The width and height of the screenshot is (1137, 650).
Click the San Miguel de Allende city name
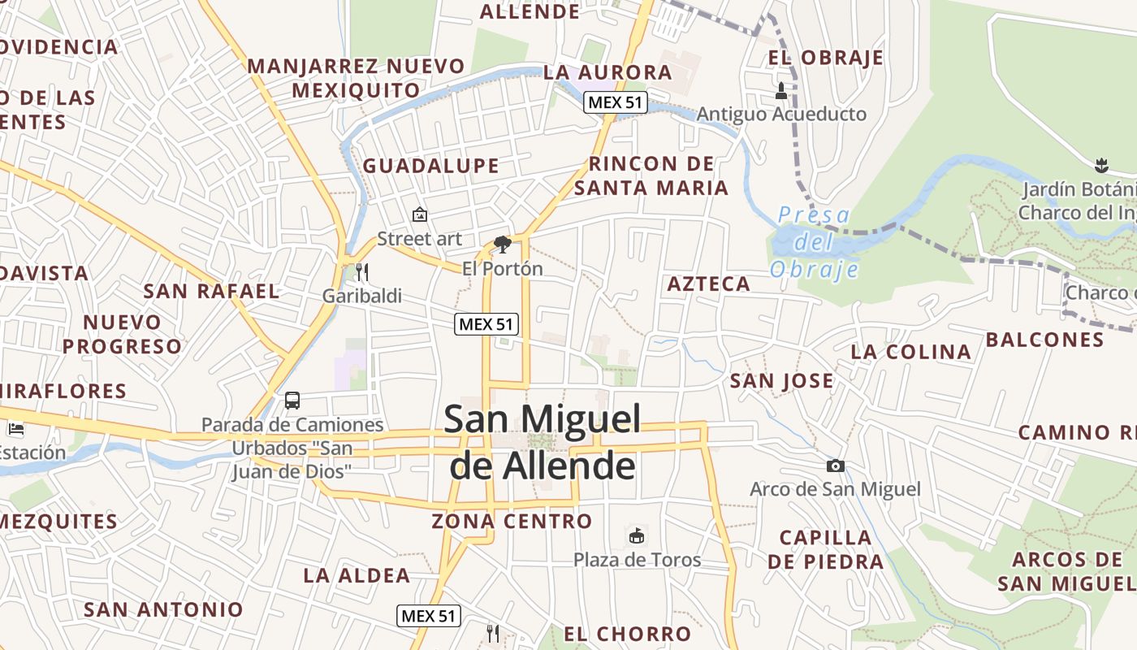pos(543,443)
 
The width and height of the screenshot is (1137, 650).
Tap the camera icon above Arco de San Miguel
pos(835,466)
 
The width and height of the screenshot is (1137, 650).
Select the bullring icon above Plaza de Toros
pos(638,535)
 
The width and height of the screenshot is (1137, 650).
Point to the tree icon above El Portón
pos(503,244)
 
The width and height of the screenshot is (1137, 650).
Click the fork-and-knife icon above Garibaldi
pos(362,271)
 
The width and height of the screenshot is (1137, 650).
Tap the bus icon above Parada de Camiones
pos(292,401)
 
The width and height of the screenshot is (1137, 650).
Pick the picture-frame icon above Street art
pos(420,214)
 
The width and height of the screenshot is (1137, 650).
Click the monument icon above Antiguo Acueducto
pos(781,90)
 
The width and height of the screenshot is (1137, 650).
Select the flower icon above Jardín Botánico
pos(1100,166)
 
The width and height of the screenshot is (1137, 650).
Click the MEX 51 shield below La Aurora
pos(615,102)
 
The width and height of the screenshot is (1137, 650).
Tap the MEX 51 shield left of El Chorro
pos(429,616)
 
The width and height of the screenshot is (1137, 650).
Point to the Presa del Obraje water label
pos(814,242)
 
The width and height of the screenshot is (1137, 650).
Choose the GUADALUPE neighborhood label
pos(430,166)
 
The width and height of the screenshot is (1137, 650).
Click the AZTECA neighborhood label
pos(708,284)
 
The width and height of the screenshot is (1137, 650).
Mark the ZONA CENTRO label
pos(512,521)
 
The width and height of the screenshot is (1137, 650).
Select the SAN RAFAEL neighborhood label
pos(211,291)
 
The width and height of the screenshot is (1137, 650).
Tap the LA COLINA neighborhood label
pos(910,352)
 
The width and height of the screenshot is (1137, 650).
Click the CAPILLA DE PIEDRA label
pos(825,549)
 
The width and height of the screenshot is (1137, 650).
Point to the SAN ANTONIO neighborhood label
pos(163,609)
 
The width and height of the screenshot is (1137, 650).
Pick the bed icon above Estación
pos(15,429)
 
